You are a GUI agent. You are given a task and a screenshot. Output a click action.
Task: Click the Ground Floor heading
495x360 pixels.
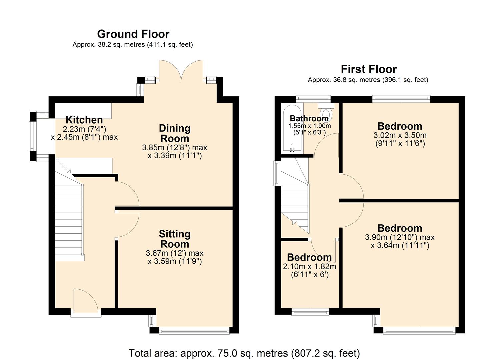(x=133, y=34)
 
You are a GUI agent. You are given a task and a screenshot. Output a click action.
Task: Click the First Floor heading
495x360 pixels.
(x=369, y=69)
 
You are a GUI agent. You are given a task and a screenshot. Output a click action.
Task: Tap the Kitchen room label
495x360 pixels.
(x=84, y=120)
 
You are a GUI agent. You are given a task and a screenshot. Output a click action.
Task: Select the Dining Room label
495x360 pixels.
(x=174, y=133)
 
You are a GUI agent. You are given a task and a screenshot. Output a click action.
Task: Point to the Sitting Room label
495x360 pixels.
(x=174, y=239)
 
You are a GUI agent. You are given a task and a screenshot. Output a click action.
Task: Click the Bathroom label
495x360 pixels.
(x=309, y=118)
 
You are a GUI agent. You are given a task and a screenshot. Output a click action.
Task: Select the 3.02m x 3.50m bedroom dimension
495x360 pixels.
(x=400, y=135)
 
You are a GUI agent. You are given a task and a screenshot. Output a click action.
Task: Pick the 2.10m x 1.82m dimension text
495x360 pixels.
(x=309, y=267)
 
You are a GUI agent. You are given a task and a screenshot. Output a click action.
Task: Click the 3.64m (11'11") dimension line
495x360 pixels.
(x=400, y=246)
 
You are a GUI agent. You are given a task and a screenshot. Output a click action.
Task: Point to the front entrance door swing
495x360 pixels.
(x=85, y=301)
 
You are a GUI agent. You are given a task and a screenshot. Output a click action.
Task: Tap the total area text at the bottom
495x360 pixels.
(x=244, y=353)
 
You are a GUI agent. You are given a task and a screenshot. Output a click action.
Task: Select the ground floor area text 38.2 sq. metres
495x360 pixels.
(x=133, y=45)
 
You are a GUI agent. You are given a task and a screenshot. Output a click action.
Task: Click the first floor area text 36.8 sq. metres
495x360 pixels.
(x=368, y=80)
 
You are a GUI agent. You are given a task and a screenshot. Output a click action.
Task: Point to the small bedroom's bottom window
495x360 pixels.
(x=310, y=312)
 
